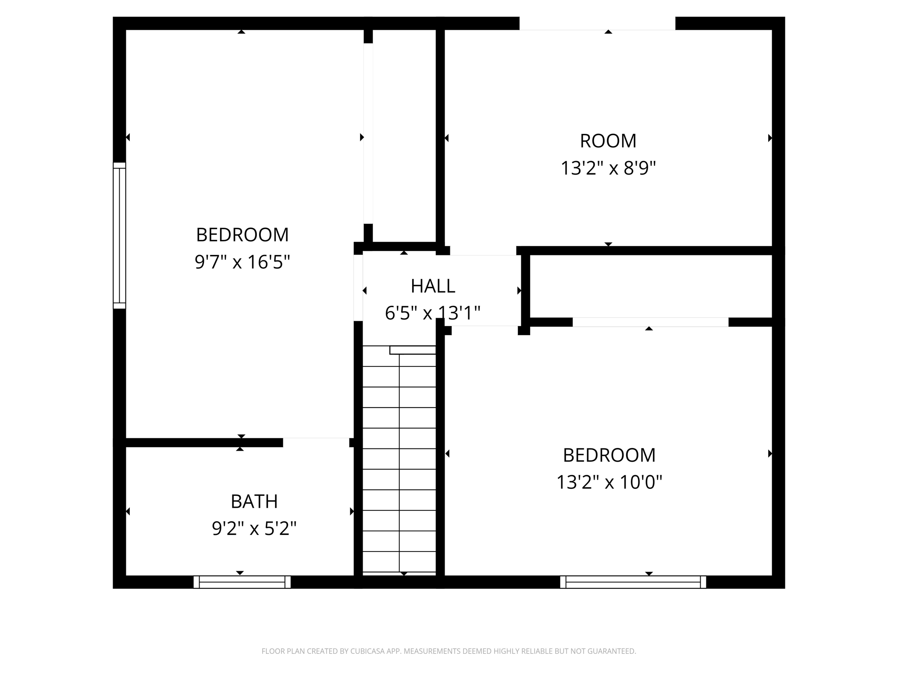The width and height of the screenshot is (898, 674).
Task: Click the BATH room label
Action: click(254, 501)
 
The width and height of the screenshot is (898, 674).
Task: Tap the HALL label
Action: click(433, 286)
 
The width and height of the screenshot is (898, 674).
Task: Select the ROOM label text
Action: click(608, 141)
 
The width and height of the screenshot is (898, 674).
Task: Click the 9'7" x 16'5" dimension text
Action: click(242, 262)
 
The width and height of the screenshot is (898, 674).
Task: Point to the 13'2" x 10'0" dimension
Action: click(609, 482)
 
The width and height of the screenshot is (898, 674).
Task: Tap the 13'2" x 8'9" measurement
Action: click(608, 168)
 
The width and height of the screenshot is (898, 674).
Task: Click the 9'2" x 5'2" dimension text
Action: click(254, 528)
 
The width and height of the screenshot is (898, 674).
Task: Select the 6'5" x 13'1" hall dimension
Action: click(432, 313)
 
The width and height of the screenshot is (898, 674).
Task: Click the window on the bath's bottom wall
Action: click(242, 582)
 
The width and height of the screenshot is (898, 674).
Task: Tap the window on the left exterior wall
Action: click(119, 236)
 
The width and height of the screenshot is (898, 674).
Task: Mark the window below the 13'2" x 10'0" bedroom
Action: click(633, 582)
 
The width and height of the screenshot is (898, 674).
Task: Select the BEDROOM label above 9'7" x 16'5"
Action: click(242, 235)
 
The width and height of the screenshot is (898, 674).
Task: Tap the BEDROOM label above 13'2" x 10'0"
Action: click(609, 455)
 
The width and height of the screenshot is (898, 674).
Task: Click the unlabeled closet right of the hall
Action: click(651, 286)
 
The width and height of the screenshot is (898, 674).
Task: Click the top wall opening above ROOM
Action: click(597, 24)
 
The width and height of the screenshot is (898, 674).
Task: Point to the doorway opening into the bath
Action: click(316, 442)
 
